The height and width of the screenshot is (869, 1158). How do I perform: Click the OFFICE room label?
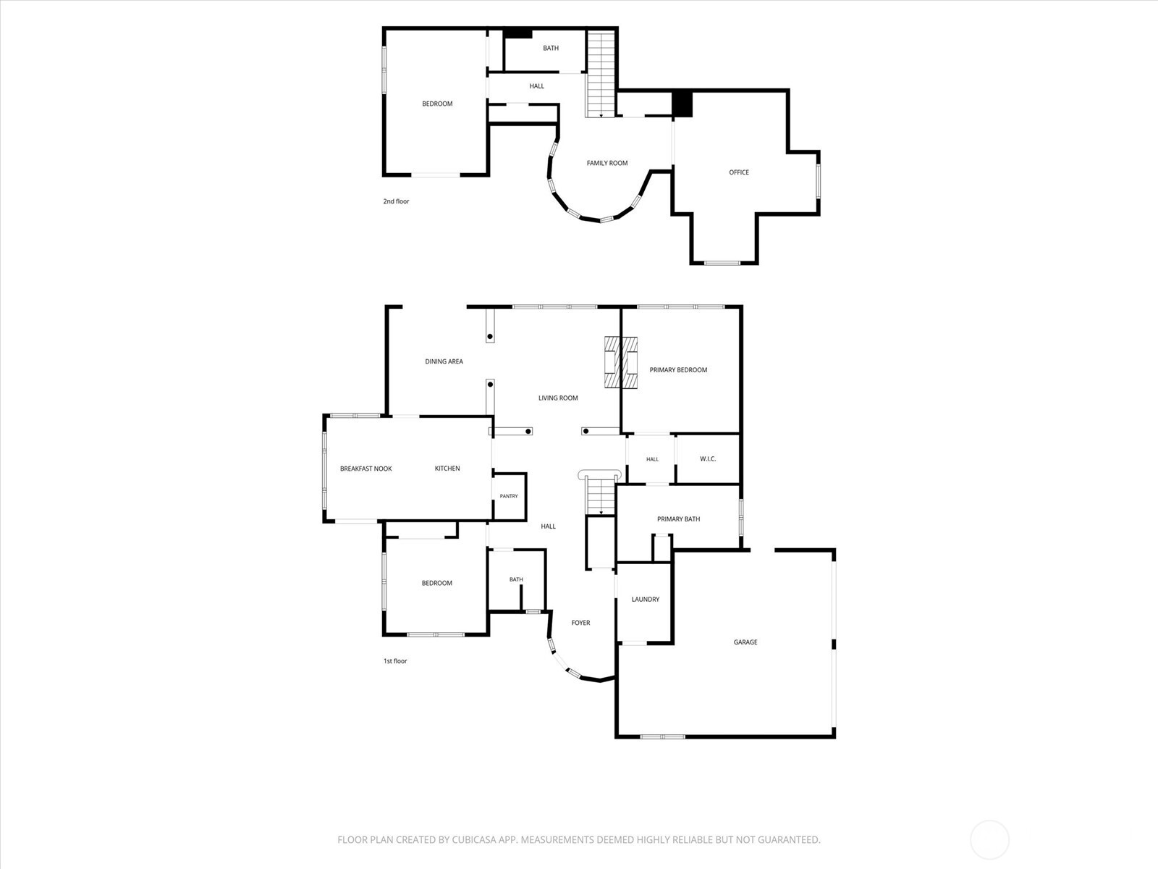pyautogui.click(x=739, y=172)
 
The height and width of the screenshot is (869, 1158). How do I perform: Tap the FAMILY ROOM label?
pyautogui.click(x=607, y=163)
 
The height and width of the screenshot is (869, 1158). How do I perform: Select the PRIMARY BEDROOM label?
pyautogui.click(x=678, y=370)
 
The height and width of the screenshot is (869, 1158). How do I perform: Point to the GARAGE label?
pyautogui.click(x=745, y=642)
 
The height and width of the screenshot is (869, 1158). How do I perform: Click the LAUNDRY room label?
pyautogui.click(x=645, y=600)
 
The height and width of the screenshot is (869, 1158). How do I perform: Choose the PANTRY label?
pyautogui.click(x=509, y=496)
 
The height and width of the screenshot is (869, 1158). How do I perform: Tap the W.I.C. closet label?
pyautogui.click(x=707, y=459)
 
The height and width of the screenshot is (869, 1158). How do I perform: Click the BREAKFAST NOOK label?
pyautogui.click(x=365, y=469)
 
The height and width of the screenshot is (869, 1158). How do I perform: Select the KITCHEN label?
pyautogui.click(x=447, y=469)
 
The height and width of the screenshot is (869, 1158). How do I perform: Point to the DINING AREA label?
pyautogui.click(x=444, y=361)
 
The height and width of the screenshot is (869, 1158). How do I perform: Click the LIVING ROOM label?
pyautogui.click(x=557, y=398)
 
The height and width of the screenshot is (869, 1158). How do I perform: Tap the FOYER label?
pyautogui.click(x=580, y=623)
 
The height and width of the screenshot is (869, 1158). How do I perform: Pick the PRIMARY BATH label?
pyautogui.click(x=678, y=519)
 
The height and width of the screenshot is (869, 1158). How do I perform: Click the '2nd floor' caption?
pyautogui.click(x=396, y=201)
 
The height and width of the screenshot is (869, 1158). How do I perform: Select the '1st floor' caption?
pyautogui.click(x=395, y=661)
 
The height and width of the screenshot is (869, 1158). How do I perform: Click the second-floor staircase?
pyautogui.click(x=601, y=73)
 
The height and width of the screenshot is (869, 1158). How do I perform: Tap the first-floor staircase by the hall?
pyautogui.click(x=601, y=496)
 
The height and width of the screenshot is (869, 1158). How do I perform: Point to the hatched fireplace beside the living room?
pyautogui.click(x=620, y=363)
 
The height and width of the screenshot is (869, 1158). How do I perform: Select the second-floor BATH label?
pyautogui.click(x=550, y=48)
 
